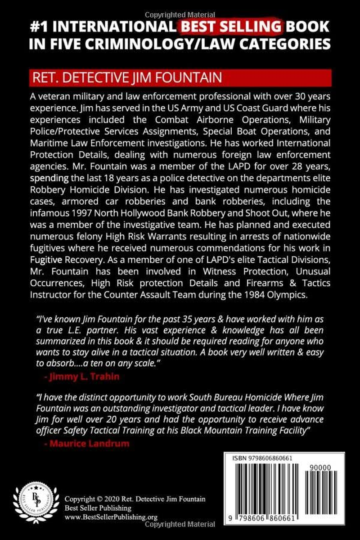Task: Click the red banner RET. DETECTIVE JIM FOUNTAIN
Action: (x=127, y=77)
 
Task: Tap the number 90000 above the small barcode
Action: (x=320, y=468)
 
